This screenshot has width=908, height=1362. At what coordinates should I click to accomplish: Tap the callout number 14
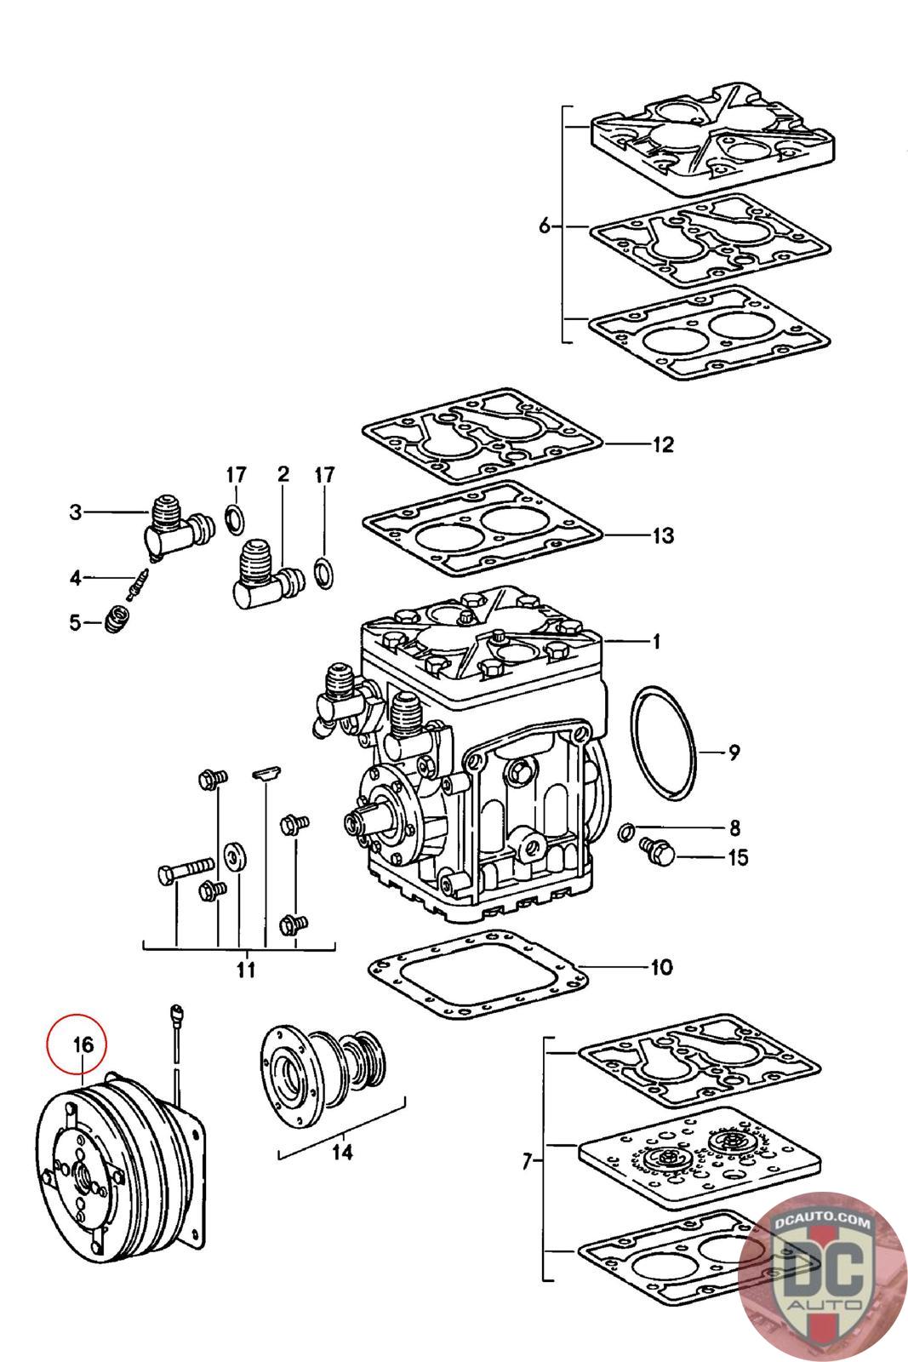tap(342, 1152)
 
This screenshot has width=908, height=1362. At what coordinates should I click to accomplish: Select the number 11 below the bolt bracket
tap(246, 970)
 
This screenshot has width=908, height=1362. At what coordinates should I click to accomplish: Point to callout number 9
tap(734, 753)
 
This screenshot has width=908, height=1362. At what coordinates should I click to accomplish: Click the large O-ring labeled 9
tap(663, 742)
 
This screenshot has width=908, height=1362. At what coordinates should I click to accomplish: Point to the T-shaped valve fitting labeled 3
tap(180, 527)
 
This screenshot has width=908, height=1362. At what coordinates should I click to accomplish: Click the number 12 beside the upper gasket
tap(663, 444)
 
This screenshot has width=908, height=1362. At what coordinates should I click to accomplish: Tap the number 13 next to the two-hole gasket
tap(663, 535)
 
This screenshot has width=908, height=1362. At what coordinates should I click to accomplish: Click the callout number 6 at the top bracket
tap(545, 226)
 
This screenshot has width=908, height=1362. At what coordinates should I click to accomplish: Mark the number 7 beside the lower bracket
tap(527, 1161)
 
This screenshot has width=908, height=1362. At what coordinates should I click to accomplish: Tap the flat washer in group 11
tap(234, 856)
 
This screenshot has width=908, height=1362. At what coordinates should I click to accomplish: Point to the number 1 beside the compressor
tap(656, 642)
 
